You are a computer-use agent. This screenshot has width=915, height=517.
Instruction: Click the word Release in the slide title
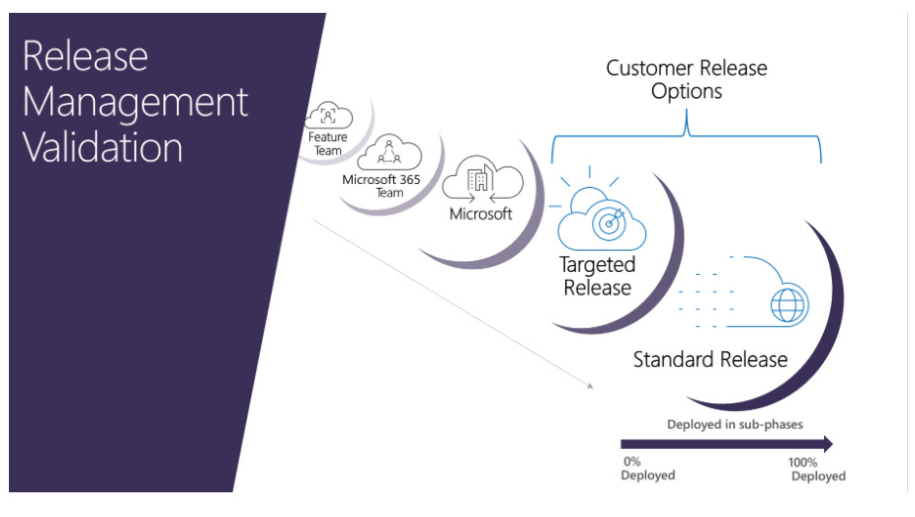coord(85,56)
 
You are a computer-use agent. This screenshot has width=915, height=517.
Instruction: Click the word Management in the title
coord(134,102)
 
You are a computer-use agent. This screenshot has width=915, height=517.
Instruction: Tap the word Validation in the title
coord(103,148)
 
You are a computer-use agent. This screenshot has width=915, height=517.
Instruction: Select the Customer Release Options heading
coord(686,79)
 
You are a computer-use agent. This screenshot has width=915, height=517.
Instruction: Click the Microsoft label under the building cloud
coord(481,214)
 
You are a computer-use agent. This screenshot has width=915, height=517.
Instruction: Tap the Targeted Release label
coord(597,276)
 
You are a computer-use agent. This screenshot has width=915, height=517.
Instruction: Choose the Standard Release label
coord(709,359)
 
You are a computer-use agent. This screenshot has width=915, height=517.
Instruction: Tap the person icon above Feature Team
coord(329,117)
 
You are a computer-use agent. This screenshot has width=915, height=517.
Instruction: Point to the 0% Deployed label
coord(647,468)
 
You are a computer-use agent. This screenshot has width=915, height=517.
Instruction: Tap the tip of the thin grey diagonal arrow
coord(590,385)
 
